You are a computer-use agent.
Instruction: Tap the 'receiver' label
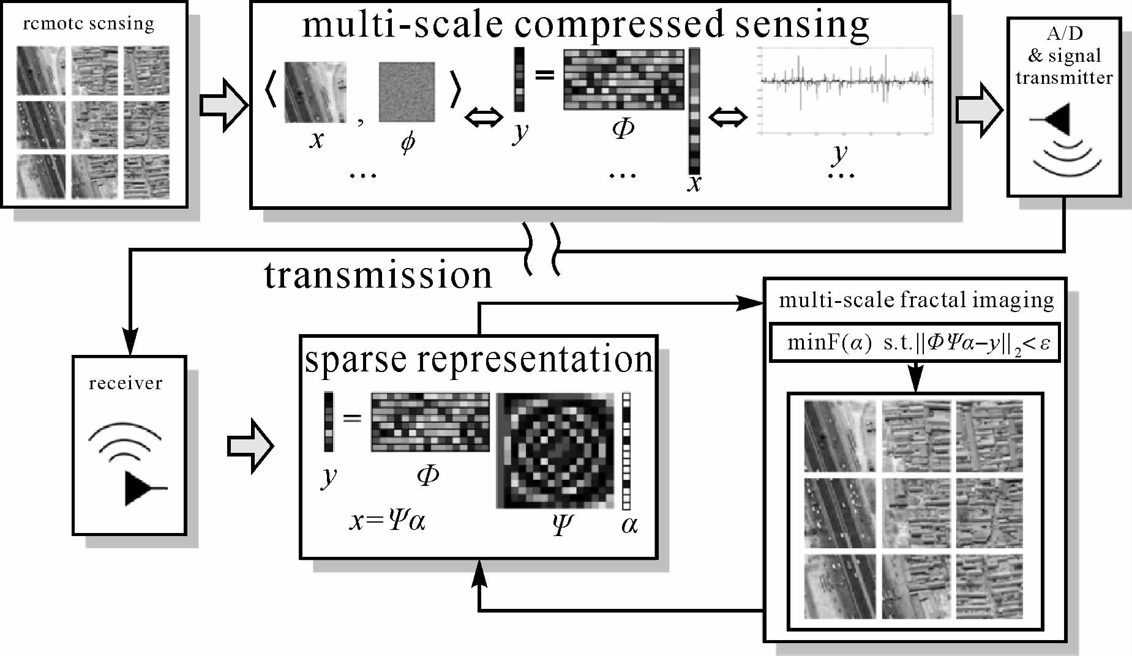126,384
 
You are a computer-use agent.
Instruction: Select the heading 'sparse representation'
479,359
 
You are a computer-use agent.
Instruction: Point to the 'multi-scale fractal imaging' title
916,300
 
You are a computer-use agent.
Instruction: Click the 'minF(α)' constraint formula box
915,343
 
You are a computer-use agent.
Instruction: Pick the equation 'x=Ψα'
387,521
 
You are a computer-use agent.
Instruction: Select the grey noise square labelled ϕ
407,92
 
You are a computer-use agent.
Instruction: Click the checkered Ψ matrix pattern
555,450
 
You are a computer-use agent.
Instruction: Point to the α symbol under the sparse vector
629,525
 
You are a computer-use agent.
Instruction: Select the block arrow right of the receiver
250,446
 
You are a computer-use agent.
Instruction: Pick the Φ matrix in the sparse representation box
430,422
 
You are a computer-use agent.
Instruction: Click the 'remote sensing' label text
88,24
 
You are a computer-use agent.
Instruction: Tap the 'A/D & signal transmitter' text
1064,56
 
